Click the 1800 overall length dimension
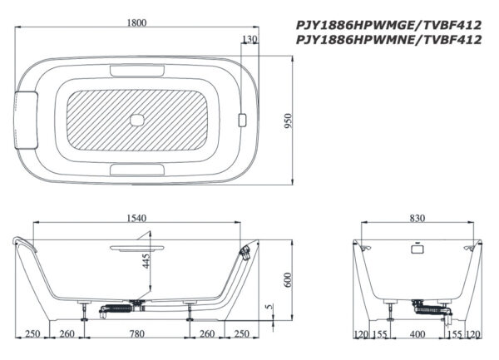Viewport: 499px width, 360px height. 137,23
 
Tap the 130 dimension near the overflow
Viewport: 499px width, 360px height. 249,39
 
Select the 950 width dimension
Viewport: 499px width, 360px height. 288,121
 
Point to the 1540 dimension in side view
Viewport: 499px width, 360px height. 137,218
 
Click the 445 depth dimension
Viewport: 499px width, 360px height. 146,261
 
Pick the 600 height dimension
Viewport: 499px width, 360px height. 288,280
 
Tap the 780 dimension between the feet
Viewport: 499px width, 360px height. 137,334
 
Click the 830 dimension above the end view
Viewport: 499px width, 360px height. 417,218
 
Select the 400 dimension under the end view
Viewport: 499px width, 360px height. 417,334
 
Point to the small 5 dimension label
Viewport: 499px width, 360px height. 269,307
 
